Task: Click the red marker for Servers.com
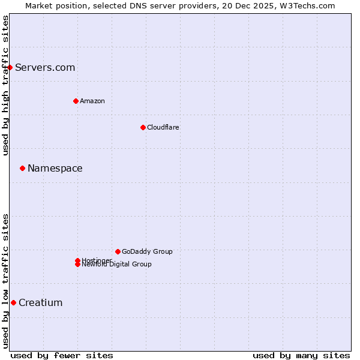click(10, 67)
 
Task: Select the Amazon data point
click(76, 101)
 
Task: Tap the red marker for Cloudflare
click(143, 127)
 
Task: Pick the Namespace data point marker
click(22, 168)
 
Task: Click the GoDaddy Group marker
click(118, 251)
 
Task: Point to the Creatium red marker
click(13, 302)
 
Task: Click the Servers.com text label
click(45, 67)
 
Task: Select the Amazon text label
click(92, 101)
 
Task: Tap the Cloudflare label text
click(163, 127)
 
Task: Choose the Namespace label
click(55, 168)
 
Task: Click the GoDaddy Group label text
click(147, 251)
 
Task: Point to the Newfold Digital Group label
click(116, 265)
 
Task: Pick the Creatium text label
click(41, 302)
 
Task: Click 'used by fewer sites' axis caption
click(62, 355)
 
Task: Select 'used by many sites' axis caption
click(301, 355)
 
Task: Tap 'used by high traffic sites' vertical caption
click(5, 85)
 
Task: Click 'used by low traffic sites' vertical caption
click(5, 281)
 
